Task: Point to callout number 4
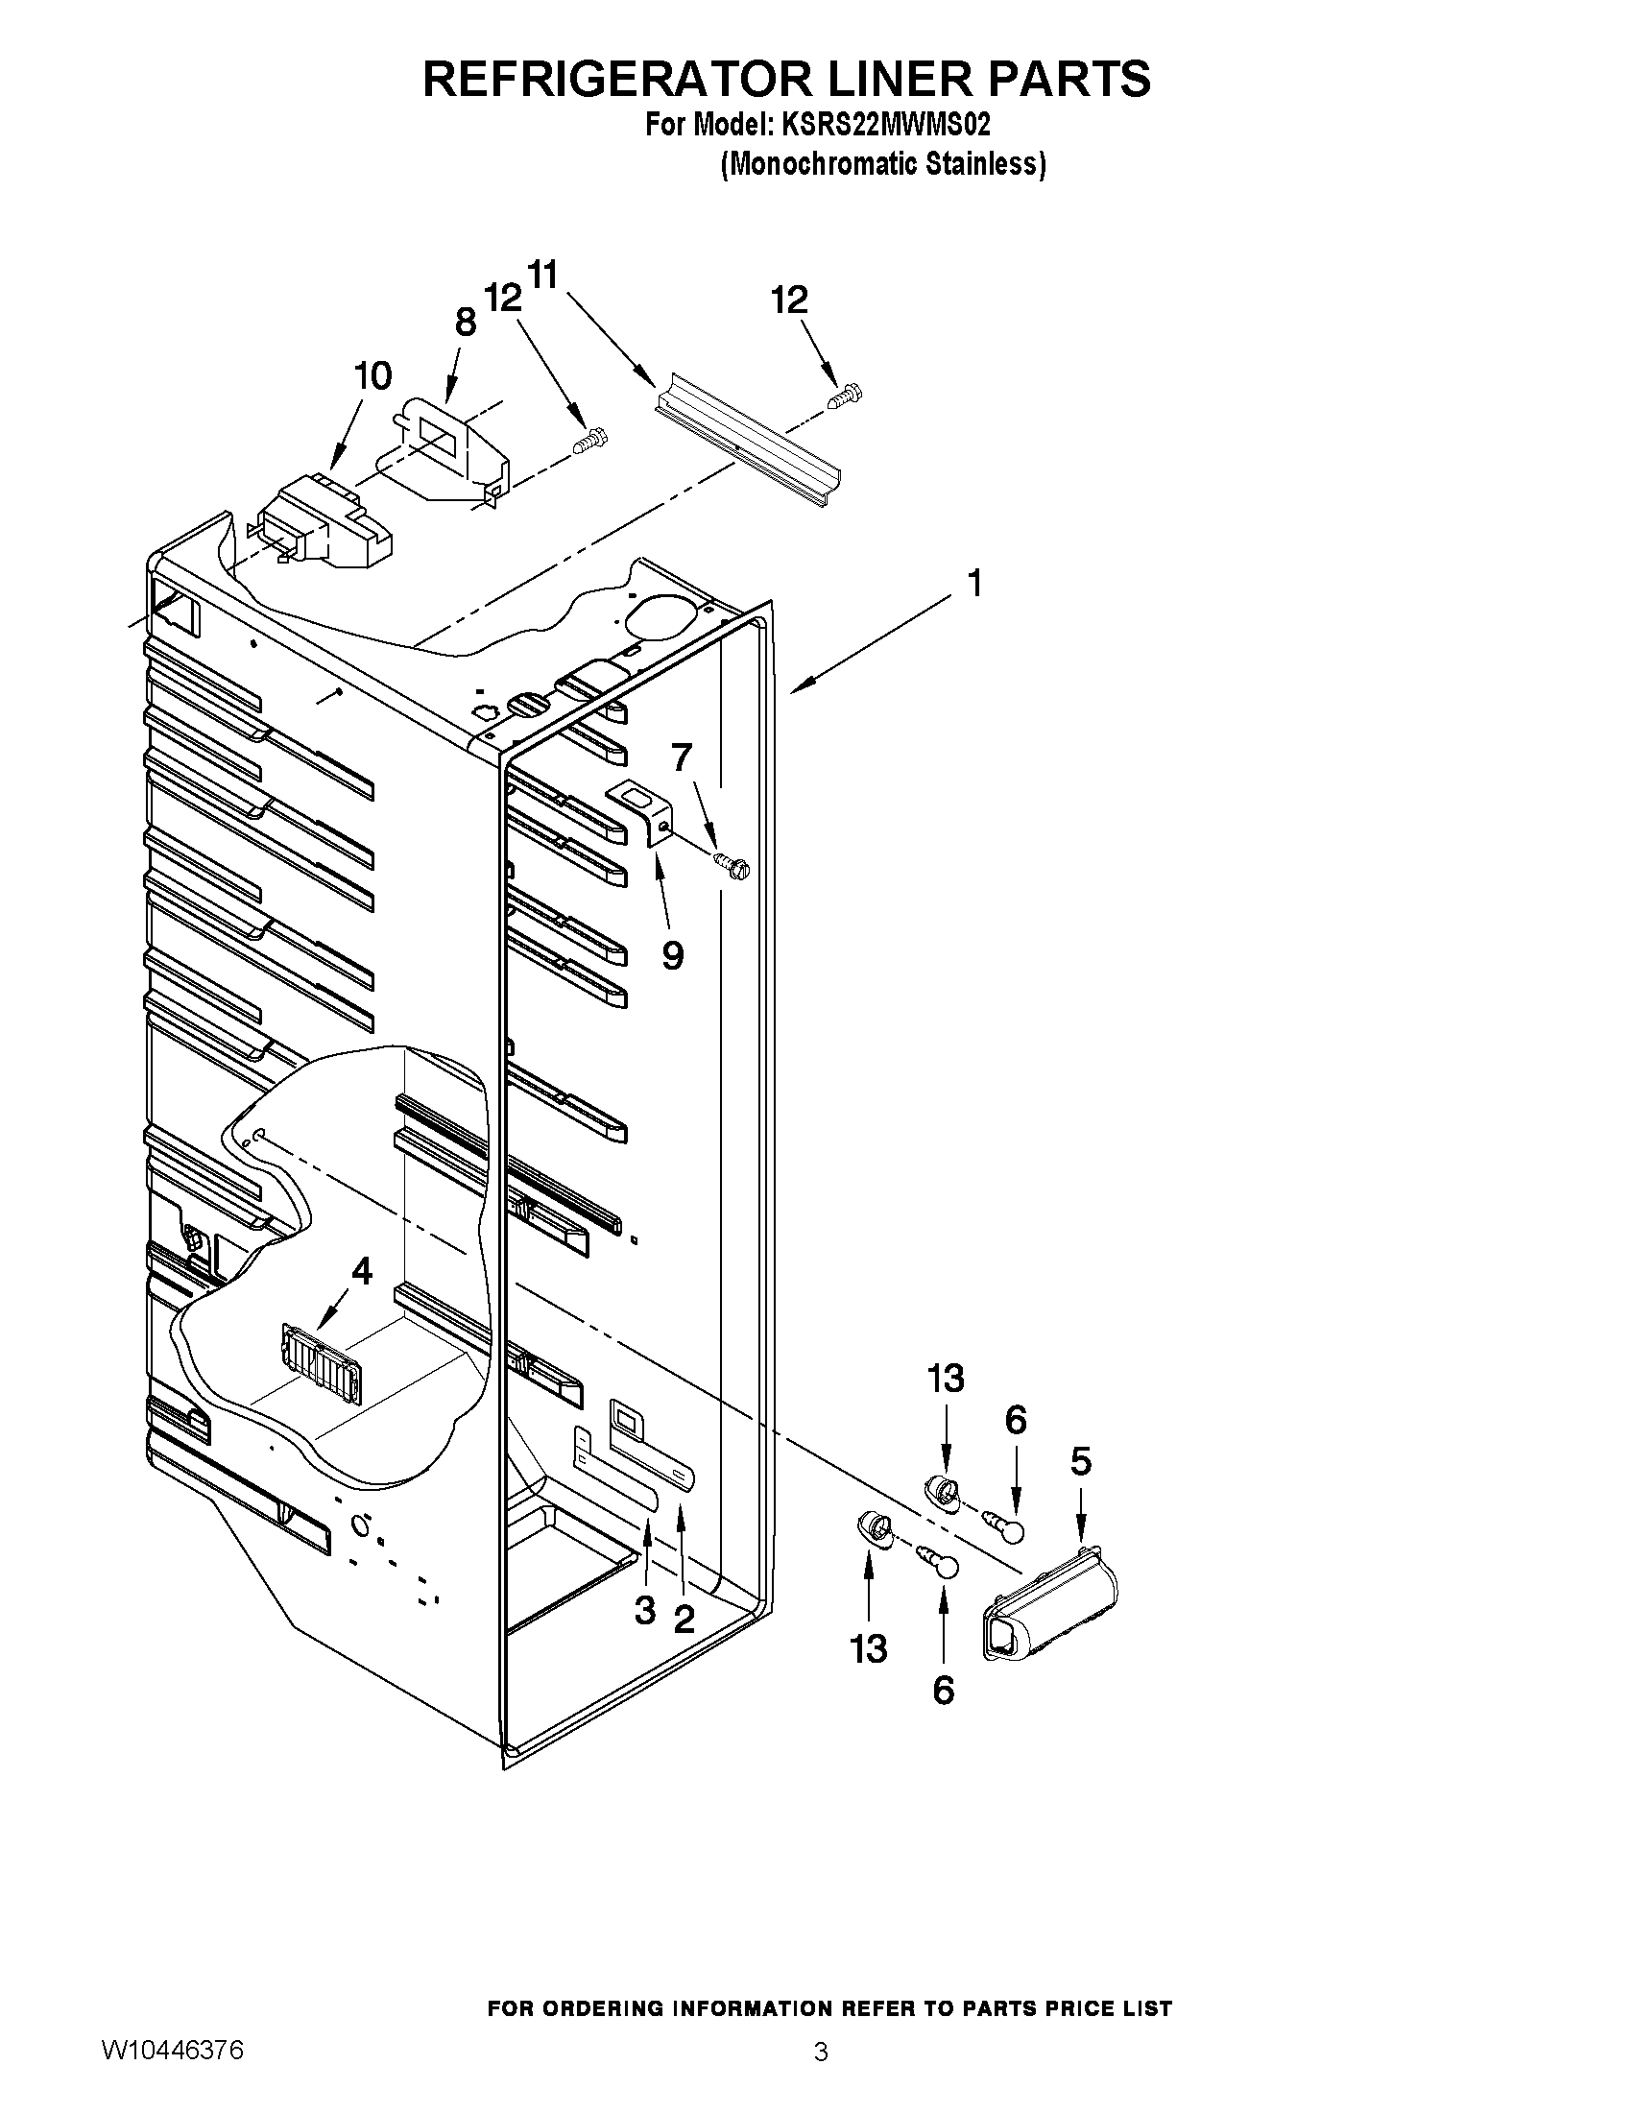point(362,1271)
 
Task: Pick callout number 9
point(672,955)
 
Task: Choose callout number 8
point(466,322)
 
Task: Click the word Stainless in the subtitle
point(985,164)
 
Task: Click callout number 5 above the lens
point(1081,1461)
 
